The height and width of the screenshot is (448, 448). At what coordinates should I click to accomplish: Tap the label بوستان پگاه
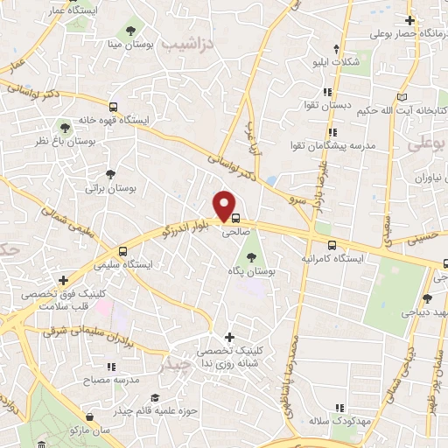click(x=252, y=272)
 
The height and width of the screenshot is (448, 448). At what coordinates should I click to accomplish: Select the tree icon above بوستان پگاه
click(x=252, y=257)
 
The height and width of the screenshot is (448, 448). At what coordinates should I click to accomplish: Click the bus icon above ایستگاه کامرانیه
click(x=331, y=246)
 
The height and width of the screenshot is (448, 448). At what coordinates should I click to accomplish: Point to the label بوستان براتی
click(x=108, y=187)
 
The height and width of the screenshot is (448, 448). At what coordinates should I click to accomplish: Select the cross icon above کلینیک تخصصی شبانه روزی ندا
click(x=229, y=337)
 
